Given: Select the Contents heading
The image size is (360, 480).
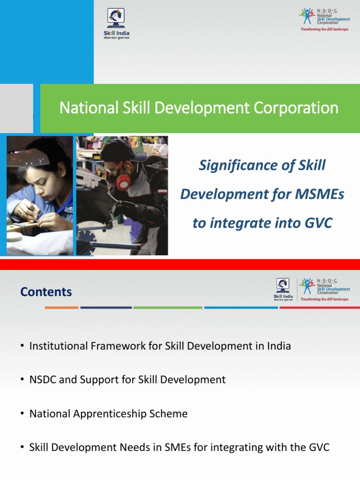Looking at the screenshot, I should click(x=46, y=292).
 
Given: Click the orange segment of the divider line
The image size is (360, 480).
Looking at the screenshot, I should click(x=61, y=307).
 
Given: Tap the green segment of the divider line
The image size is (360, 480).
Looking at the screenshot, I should click(x=167, y=307).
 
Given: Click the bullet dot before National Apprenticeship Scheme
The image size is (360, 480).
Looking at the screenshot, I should click(x=22, y=413).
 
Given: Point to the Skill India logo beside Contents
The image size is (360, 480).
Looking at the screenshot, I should click(x=283, y=289).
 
